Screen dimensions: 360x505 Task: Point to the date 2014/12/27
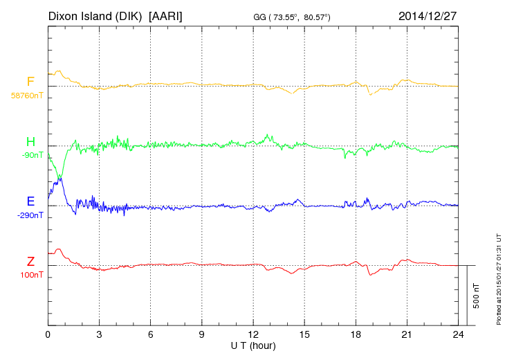tap(428, 15)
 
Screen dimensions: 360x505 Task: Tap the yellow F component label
tap(30, 82)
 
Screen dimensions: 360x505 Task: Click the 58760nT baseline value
tap(26, 95)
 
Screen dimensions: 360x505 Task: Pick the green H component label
tap(30, 142)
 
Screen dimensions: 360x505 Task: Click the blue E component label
tap(30, 201)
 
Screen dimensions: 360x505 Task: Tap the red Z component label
tap(30, 262)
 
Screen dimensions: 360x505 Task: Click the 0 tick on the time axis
tap(48, 334)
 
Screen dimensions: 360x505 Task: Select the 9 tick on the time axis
tap(201, 334)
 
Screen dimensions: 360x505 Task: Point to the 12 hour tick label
tap(253, 334)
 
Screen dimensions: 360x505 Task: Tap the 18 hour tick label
tap(356, 334)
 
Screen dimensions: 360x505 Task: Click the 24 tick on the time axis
tap(458, 334)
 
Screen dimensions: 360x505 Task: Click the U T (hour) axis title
tap(253, 345)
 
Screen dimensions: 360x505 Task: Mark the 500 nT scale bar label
tap(476, 296)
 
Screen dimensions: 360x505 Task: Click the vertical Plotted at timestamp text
tap(498, 277)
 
